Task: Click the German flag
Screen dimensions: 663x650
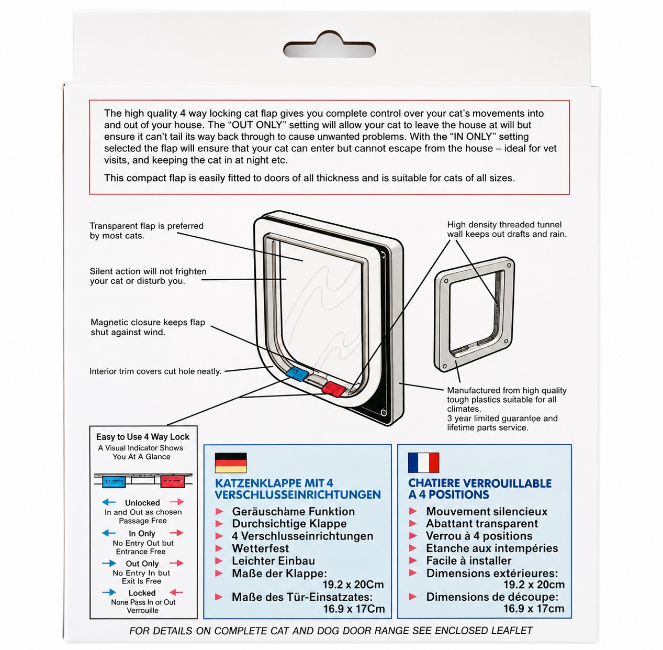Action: (231, 462)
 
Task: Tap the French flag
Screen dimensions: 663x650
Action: (423, 462)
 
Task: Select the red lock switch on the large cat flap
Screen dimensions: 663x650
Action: (333, 389)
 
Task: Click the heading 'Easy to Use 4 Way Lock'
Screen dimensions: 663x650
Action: (143, 437)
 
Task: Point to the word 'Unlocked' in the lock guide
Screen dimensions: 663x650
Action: (142, 503)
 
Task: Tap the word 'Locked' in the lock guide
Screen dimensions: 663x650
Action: (142, 593)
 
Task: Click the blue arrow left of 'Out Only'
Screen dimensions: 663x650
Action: (109, 563)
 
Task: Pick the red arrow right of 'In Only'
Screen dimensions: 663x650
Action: (176, 533)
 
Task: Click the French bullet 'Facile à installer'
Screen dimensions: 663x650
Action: (469, 560)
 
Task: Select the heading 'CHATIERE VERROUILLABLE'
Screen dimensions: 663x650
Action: (480, 483)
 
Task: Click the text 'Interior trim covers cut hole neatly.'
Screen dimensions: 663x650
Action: (155, 371)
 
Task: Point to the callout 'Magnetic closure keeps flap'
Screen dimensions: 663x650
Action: (148, 323)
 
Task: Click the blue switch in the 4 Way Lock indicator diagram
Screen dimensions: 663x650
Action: (114, 481)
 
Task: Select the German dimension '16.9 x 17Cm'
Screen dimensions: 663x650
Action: (354, 609)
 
